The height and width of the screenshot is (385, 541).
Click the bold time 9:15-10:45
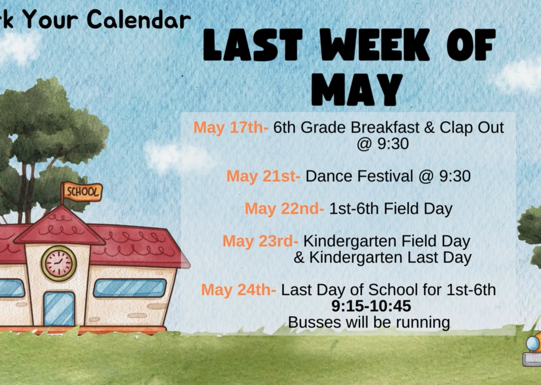point(371,306)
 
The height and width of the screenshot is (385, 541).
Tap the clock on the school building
point(58,263)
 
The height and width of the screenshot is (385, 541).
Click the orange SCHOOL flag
point(82,191)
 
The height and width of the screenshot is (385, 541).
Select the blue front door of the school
point(59,309)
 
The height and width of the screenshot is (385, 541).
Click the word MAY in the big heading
point(357,89)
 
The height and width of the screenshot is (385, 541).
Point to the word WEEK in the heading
point(375,44)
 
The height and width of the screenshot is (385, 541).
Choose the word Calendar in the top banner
point(138,19)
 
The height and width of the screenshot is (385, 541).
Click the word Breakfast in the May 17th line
point(385,127)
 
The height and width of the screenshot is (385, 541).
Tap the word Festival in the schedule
point(385,176)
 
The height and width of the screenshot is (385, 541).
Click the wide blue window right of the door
point(130,288)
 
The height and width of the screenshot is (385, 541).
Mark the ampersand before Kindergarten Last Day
point(299,258)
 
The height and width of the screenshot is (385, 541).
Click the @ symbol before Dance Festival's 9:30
point(426,177)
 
